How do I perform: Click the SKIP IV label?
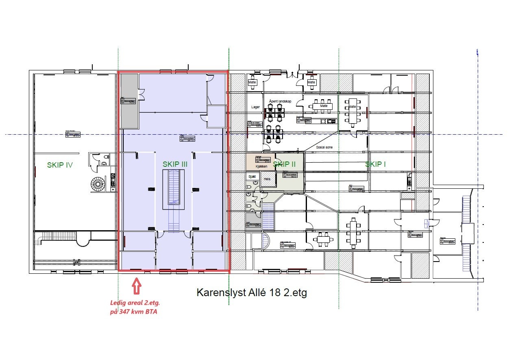(x=60, y=165)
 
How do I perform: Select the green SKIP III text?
(x=175, y=164)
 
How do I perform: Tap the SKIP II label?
(x=284, y=164)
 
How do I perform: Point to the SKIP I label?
(x=375, y=164)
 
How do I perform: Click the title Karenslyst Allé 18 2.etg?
(x=252, y=293)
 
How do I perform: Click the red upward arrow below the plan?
(x=137, y=286)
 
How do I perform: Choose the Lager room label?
(x=255, y=107)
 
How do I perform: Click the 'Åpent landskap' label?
(x=280, y=101)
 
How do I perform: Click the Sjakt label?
(x=252, y=177)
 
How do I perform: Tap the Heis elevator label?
(x=267, y=179)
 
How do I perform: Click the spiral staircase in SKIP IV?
(x=98, y=185)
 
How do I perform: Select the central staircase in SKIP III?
(x=174, y=190)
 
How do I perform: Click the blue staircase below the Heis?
(x=268, y=217)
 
